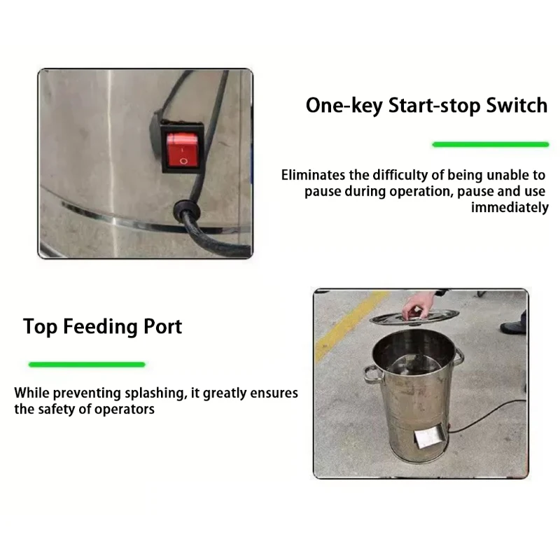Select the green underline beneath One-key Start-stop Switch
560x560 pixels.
click(x=490, y=144)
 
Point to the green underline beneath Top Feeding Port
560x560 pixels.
click(x=86, y=364)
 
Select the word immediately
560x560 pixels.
click(x=510, y=207)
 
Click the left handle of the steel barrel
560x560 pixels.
click(x=371, y=375)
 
